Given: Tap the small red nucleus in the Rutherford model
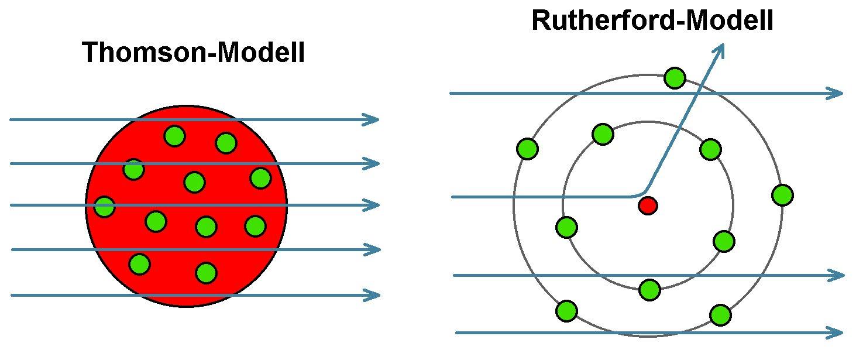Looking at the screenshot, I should (x=648, y=205).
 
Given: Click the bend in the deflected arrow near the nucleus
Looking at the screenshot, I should (x=642, y=193).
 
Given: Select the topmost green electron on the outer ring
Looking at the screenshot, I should (x=675, y=78).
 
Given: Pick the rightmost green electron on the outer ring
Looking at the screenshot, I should (x=782, y=195).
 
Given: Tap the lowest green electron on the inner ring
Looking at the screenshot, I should (x=649, y=289).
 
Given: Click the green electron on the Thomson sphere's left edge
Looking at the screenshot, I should (x=104, y=207).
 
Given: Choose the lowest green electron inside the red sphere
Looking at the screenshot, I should (x=206, y=272).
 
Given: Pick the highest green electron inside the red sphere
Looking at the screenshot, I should (x=174, y=136).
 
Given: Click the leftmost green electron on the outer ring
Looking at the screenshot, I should (x=527, y=148).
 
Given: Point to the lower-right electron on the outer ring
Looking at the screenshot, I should (x=720, y=315).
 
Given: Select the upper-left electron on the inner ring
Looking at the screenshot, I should (x=603, y=133).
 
